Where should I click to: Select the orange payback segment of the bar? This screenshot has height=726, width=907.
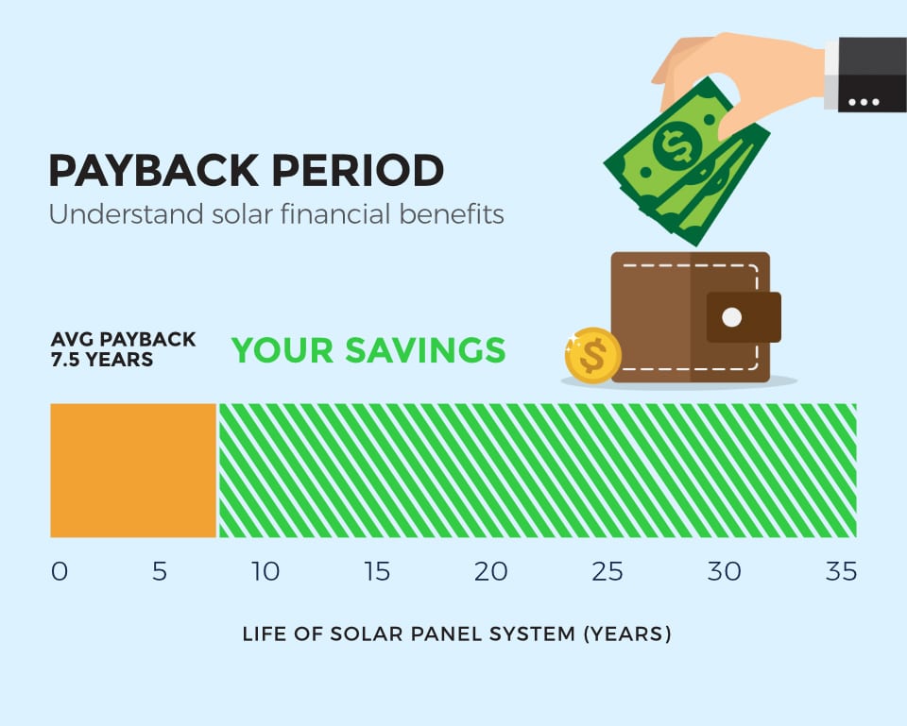click(133, 470)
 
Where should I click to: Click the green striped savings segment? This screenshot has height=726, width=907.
click(537, 470)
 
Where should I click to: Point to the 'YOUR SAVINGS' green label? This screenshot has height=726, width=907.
click(368, 350)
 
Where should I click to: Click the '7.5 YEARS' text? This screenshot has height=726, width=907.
click(101, 360)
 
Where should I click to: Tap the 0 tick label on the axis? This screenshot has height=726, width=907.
click(60, 572)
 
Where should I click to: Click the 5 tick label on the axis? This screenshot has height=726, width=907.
click(159, 572)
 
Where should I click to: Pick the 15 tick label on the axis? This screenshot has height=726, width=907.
click(377, 572)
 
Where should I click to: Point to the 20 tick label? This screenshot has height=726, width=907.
click(490, 572)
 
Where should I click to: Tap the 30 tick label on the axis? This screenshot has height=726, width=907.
click(725, 572)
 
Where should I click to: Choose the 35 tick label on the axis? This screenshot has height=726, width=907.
click(840, 572)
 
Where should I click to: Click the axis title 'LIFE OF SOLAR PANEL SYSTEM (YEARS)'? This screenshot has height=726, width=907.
click(456, 633)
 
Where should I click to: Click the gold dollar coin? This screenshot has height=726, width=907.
click(592, 355)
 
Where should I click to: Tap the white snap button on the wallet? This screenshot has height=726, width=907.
click(732, 317)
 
